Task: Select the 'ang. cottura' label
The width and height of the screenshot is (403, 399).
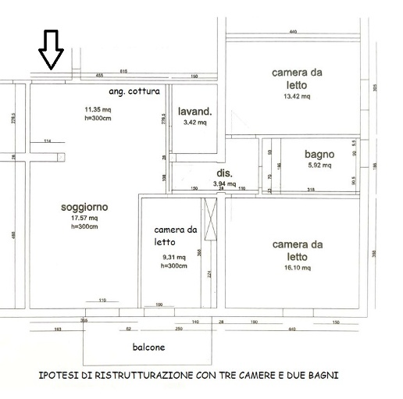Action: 134,91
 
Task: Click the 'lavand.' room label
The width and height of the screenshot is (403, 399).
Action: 194,112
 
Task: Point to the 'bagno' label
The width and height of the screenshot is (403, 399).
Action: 319,154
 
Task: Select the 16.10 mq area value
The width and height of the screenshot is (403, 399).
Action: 297,267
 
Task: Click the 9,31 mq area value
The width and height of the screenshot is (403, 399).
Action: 174,257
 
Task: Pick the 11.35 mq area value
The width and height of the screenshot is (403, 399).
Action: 98,109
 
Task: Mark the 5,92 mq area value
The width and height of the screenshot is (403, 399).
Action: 319,165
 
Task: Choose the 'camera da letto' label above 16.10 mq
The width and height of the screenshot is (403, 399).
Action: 297,251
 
